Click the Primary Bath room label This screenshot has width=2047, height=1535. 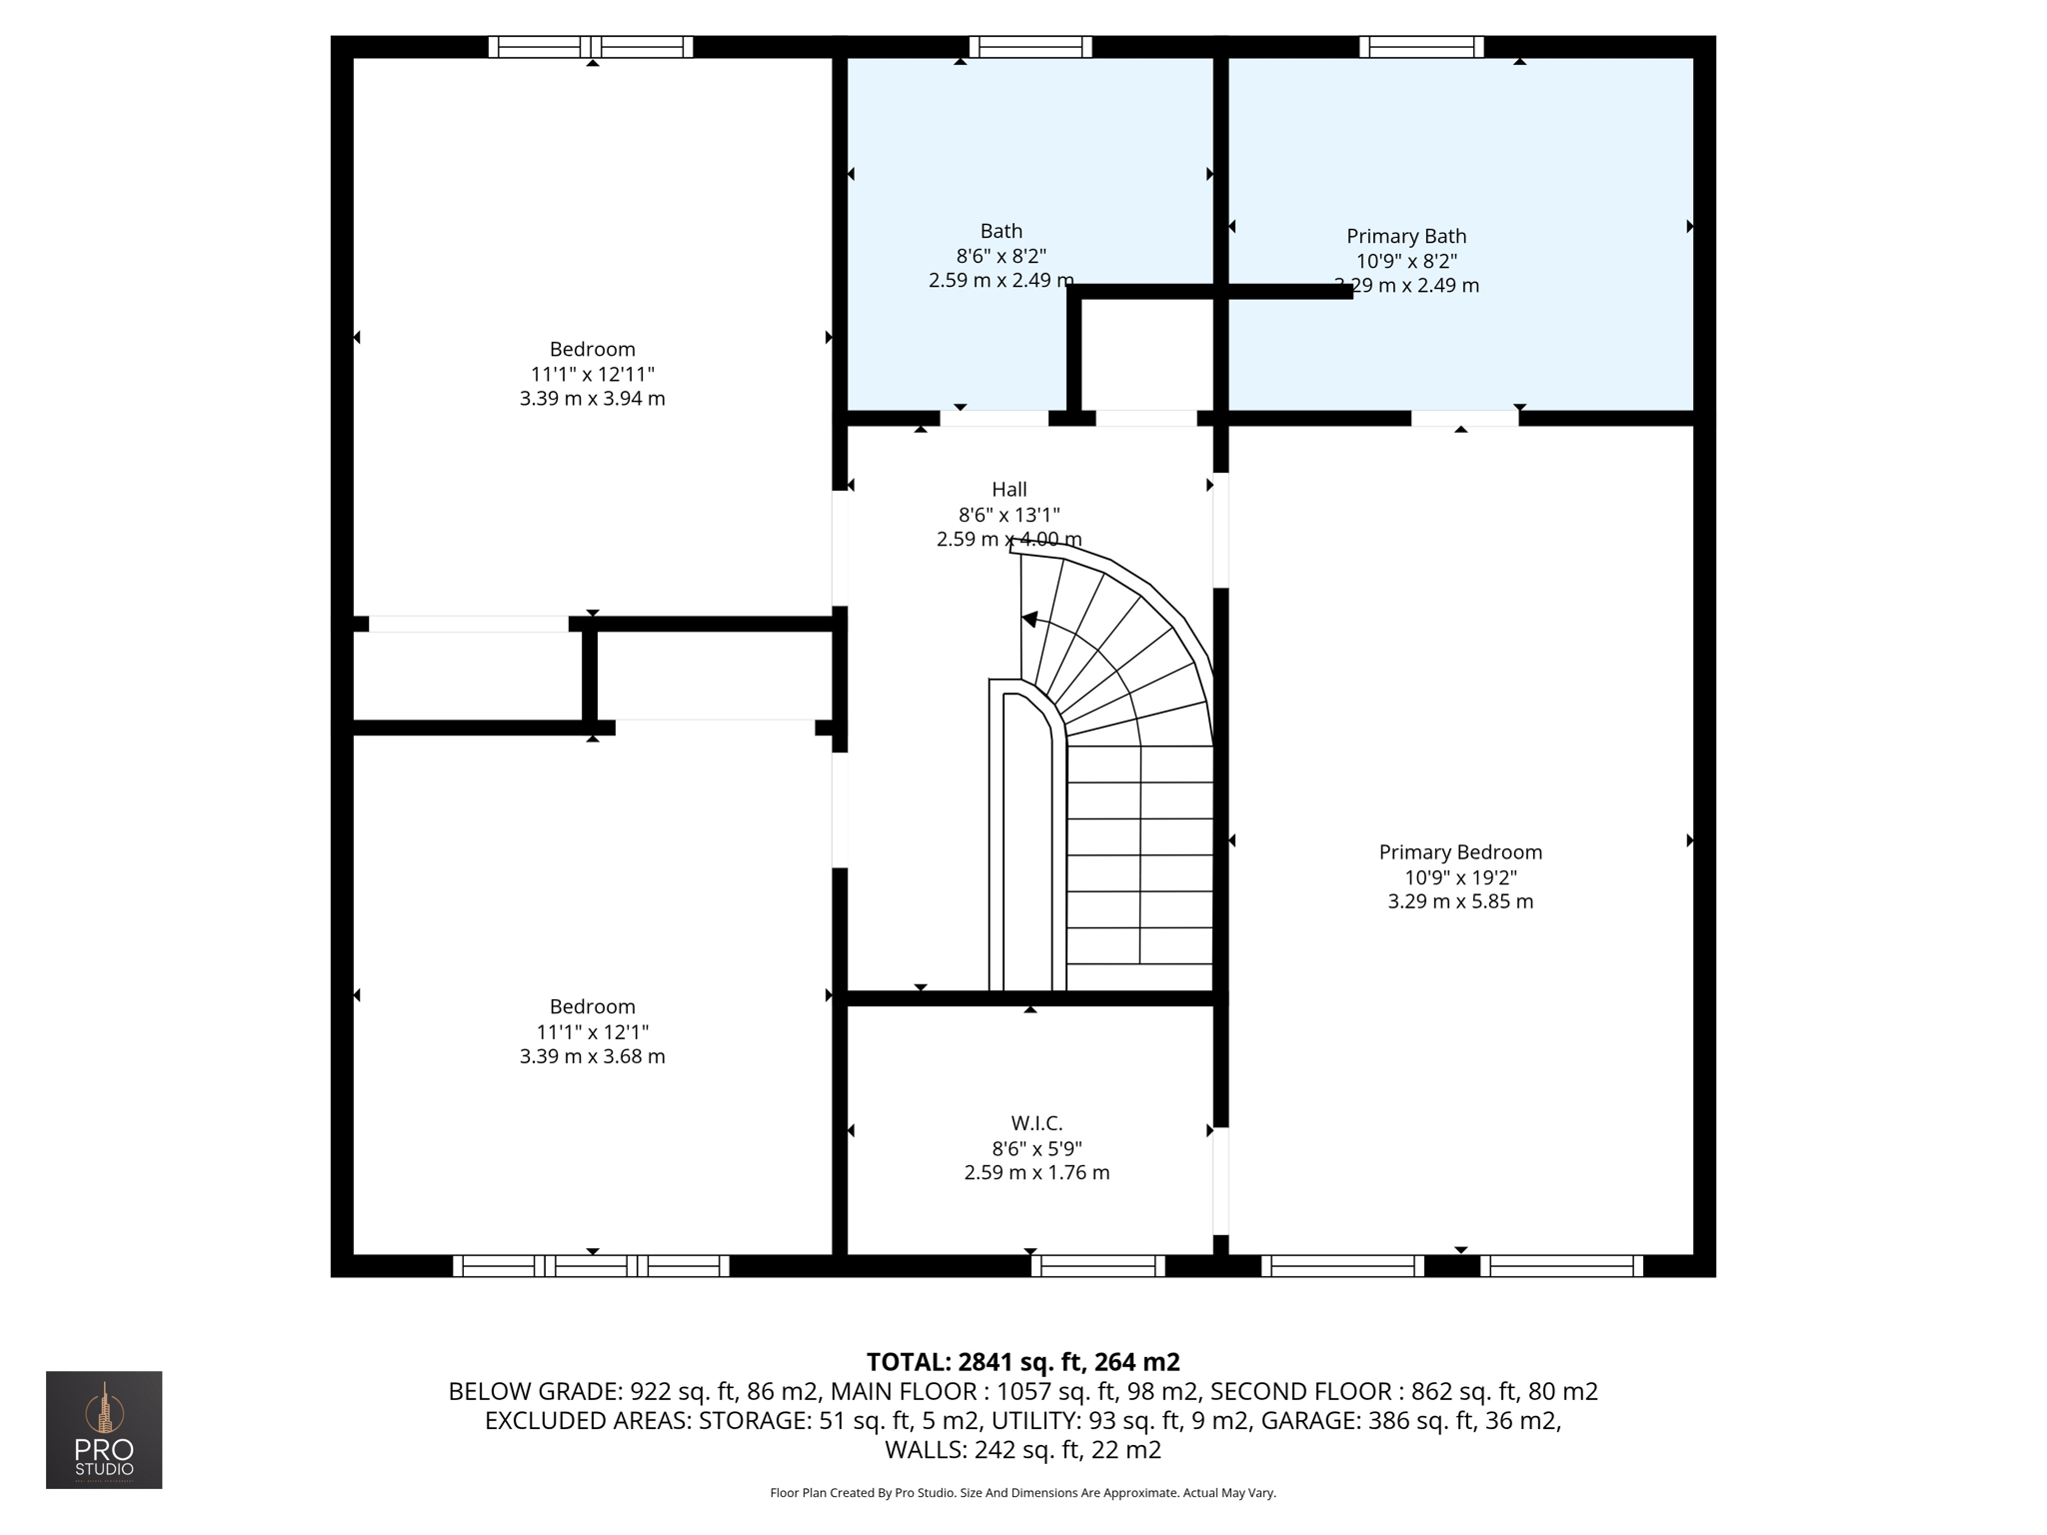[x=1406, y=237]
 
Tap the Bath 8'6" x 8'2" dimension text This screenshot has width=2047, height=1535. [x=1002, y=257]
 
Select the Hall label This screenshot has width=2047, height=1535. [x=1009, y=490]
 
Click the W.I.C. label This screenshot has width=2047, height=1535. [x=1036, y=1124]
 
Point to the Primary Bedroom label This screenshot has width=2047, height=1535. [x=1460, y=852]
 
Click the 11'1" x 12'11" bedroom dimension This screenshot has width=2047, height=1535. [x=592, y=375]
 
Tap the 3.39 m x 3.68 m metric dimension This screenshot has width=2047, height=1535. [x=592, y=1056]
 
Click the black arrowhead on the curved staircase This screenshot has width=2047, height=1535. [x=1029, y=620]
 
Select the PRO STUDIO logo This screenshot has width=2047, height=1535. [x=104, y=1429]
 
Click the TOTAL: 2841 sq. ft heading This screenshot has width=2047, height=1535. [x=1023, y=1362]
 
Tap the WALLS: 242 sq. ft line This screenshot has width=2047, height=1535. [x=1023, y=1450]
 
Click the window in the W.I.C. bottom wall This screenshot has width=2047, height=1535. [x=1097, y=1266]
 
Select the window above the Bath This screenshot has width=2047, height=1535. [x=1029, y=47]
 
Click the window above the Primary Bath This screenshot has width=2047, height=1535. [x=1420, y=47]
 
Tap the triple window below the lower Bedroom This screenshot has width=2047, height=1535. [x=592, y=1266]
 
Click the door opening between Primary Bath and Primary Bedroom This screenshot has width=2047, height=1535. [x=1464, y=418]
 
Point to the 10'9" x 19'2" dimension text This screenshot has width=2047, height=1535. [x=1460, y=877]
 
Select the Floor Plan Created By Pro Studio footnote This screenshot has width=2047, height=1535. [x=1023, y=1493]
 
